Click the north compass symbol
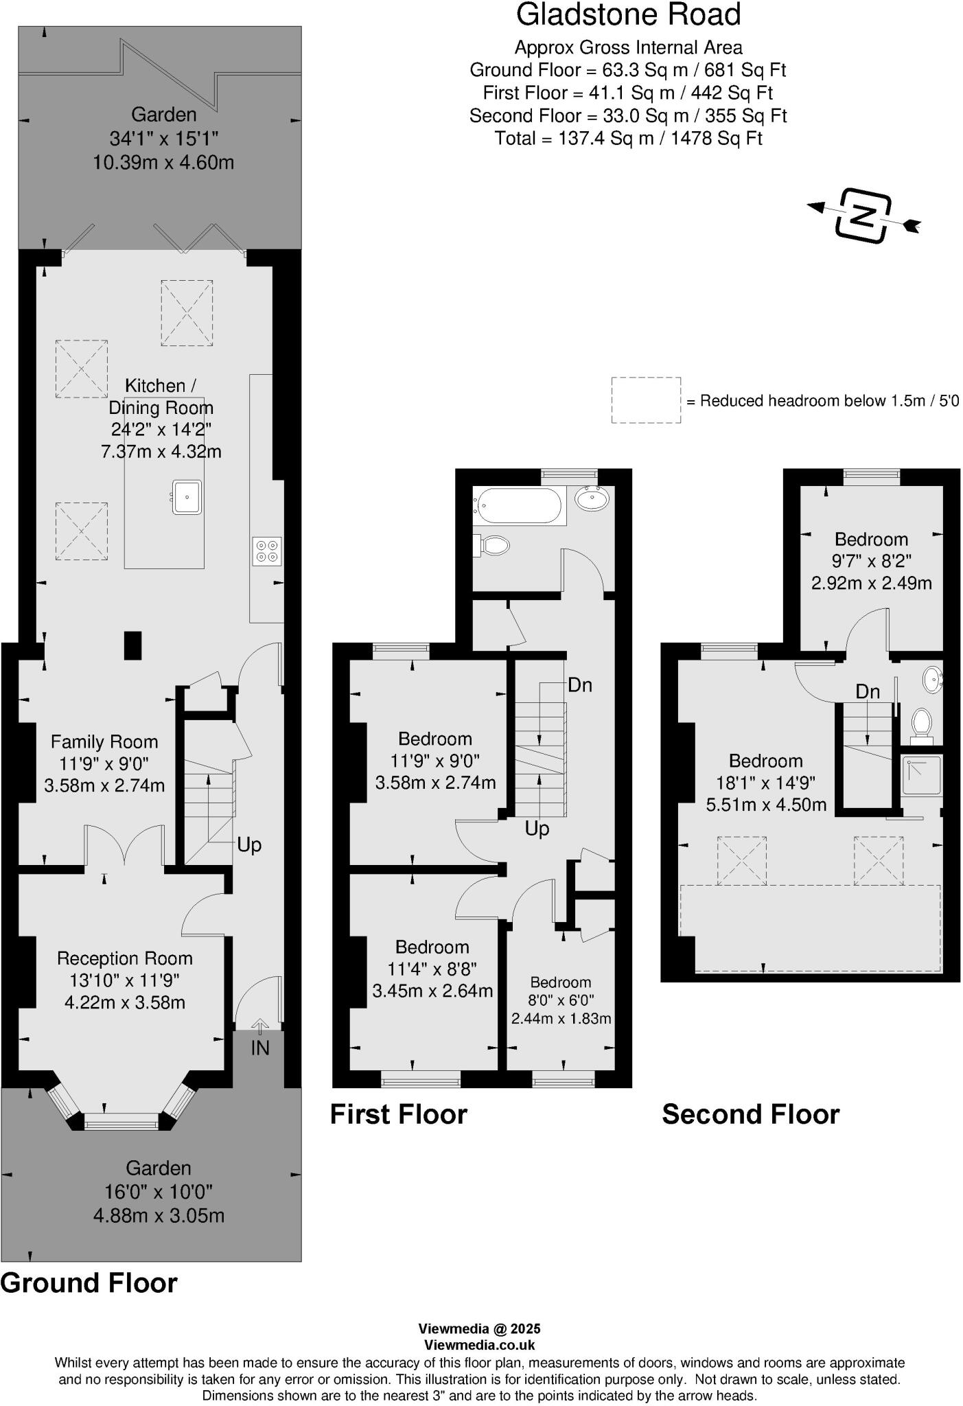coord(863,215)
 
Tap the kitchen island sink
coord(187,497)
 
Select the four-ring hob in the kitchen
coord(267,551)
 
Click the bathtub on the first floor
coord(518,506)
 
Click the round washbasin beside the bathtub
coord(591,498)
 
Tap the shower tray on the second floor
coord(922,776)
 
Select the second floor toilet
coord(922,723)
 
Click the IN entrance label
coord(259,1048)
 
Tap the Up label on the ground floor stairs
coord(249,844)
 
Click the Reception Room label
coord(124,958)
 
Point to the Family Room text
coord(104,741)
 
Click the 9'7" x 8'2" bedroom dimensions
coord(871,561)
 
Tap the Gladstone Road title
coord(628,15)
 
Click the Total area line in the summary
coord(628,138)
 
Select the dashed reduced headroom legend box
coord(646,400)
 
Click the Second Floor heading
coord(750,1114)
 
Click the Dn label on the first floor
coord(580,685)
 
